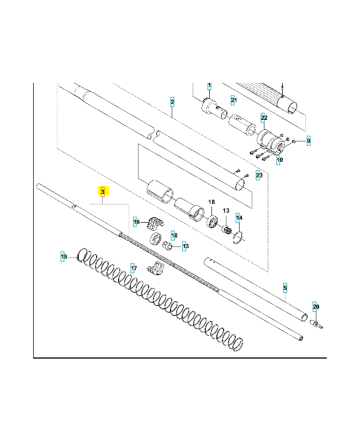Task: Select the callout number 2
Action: coord(172,102)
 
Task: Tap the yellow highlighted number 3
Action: coord(103,191)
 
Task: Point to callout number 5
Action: coord(285,288)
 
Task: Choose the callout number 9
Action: coord(309,141)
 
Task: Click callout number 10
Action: coord(279,160)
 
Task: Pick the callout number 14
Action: coord(239,218)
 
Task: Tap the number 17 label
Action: coord(134,268)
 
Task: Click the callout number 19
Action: coord(64,257)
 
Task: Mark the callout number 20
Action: coord(316,307)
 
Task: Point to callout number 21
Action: coord(234,100)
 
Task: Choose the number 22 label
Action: coord(264,118)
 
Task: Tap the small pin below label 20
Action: coord(317,323)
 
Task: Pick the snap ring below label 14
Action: coord(239,238)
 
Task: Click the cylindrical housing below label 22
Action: coord(271,141)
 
